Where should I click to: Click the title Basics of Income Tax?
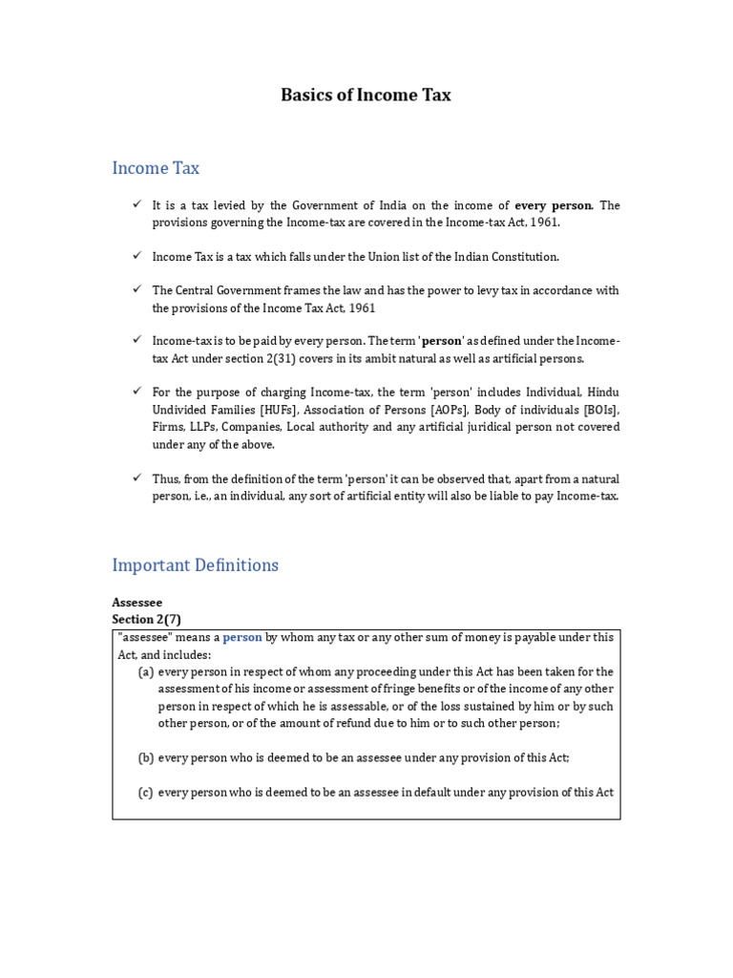click(x=366, y=95)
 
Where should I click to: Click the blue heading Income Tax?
click(x=156, y=168)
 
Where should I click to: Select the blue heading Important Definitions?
click(x=195, y=564)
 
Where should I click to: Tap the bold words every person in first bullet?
click(x=554, y=204)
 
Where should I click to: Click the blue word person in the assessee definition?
click(x=242, y=637)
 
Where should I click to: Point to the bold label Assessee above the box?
click(x=137, y=603)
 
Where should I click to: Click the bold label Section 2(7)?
click(x=146, y=620)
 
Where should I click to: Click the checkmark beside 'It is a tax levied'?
click(x=137, y=204)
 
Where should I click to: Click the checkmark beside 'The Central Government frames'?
click(x=137, y=289)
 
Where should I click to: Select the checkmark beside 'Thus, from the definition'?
click(x=137, y=478)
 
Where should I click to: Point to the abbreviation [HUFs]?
click(x=280, y=410)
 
